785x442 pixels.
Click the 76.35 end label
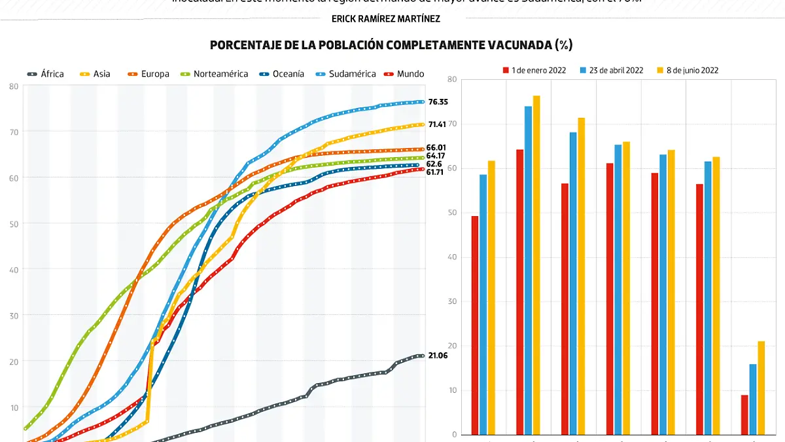(438, 102)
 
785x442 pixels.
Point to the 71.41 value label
(438, 124)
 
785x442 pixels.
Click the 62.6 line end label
(435, 164)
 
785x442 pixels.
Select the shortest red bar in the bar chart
(744, 414)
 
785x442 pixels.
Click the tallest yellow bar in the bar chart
(536, 265)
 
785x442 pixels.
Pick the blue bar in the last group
(753, 399)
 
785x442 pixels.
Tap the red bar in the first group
(475, 325)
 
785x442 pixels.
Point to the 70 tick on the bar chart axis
(452, 124)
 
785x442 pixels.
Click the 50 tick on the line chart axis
(13, 223)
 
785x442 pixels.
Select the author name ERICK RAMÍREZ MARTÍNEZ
(386, 19)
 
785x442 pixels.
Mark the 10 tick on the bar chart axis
(452, 390)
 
